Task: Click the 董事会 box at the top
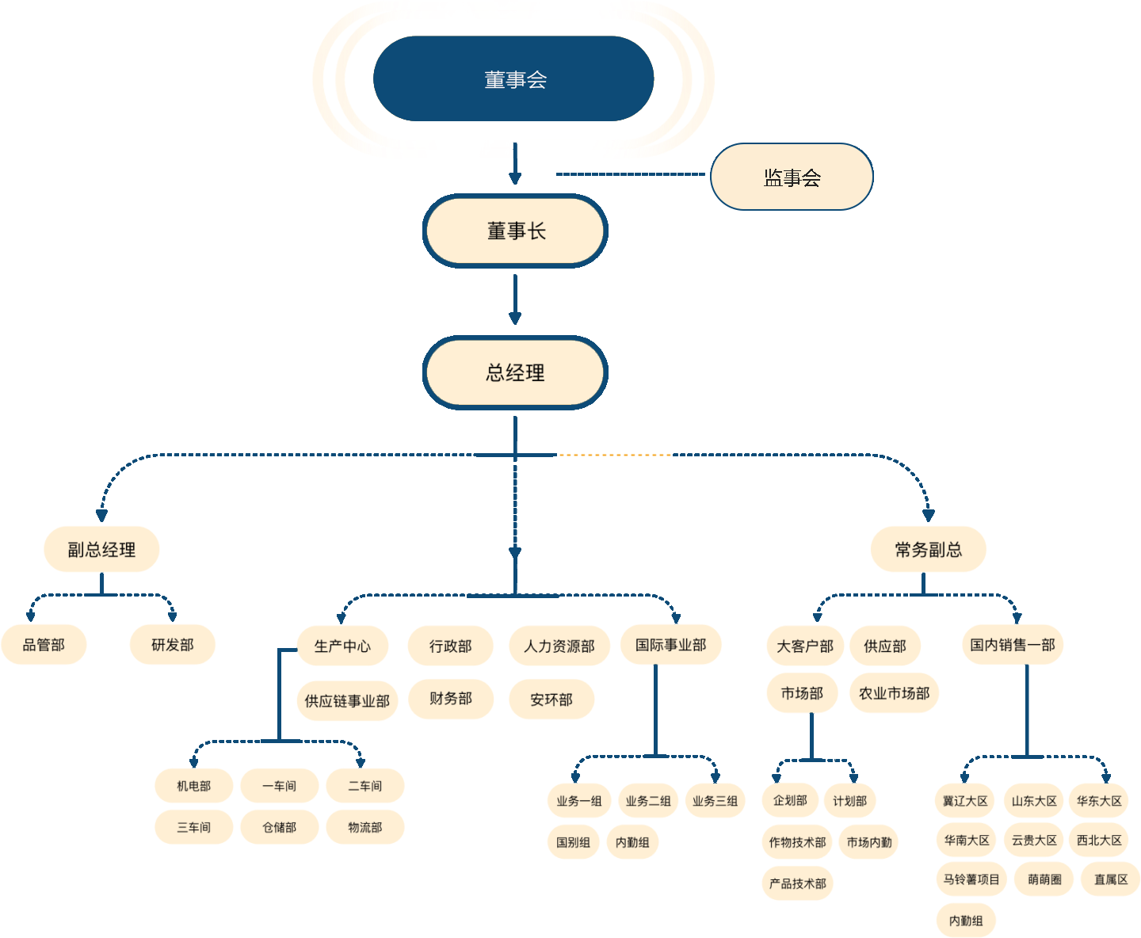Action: click(514, 79)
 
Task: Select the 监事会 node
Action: click(792, 177)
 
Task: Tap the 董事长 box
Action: click(515, 231)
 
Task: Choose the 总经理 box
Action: click(515, 372)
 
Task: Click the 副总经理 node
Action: click(101, 549)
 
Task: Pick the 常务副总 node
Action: click(928, 549)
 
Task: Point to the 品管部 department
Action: click(44, 645)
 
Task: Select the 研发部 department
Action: click(173, 645)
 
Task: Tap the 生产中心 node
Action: click(342, 646)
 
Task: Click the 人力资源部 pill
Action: click(559, 646)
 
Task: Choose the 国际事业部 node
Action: click(670, 645)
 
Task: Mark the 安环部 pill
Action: click(551, 700)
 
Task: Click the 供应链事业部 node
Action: click(347, 701)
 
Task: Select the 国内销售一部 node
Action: click(1013, 645)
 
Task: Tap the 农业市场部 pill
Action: click(894, 693)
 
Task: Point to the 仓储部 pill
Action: click(280, 827)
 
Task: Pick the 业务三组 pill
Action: click(715, 801)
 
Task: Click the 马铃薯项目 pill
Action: click(971, 879)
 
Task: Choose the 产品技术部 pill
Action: click(798, 883)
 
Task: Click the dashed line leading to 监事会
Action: click(630, 174)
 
